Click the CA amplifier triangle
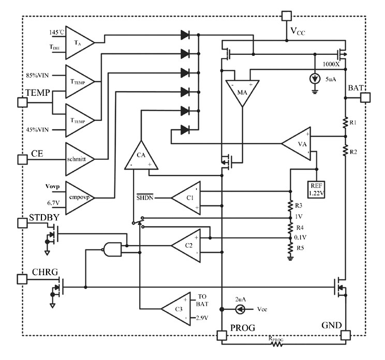pyautogui.click(x=141, y=156)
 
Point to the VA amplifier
pyautogui.click(x=297, y=143)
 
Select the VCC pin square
pyautogui.click(x=286, y=16)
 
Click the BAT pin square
pyautogui.click(x=365, y=97)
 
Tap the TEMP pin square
pyautogui.click(x=22, y=102)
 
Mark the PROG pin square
pyautogui.click(x=223, y=336)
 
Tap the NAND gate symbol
pyautogui.click(x=113, y=249)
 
